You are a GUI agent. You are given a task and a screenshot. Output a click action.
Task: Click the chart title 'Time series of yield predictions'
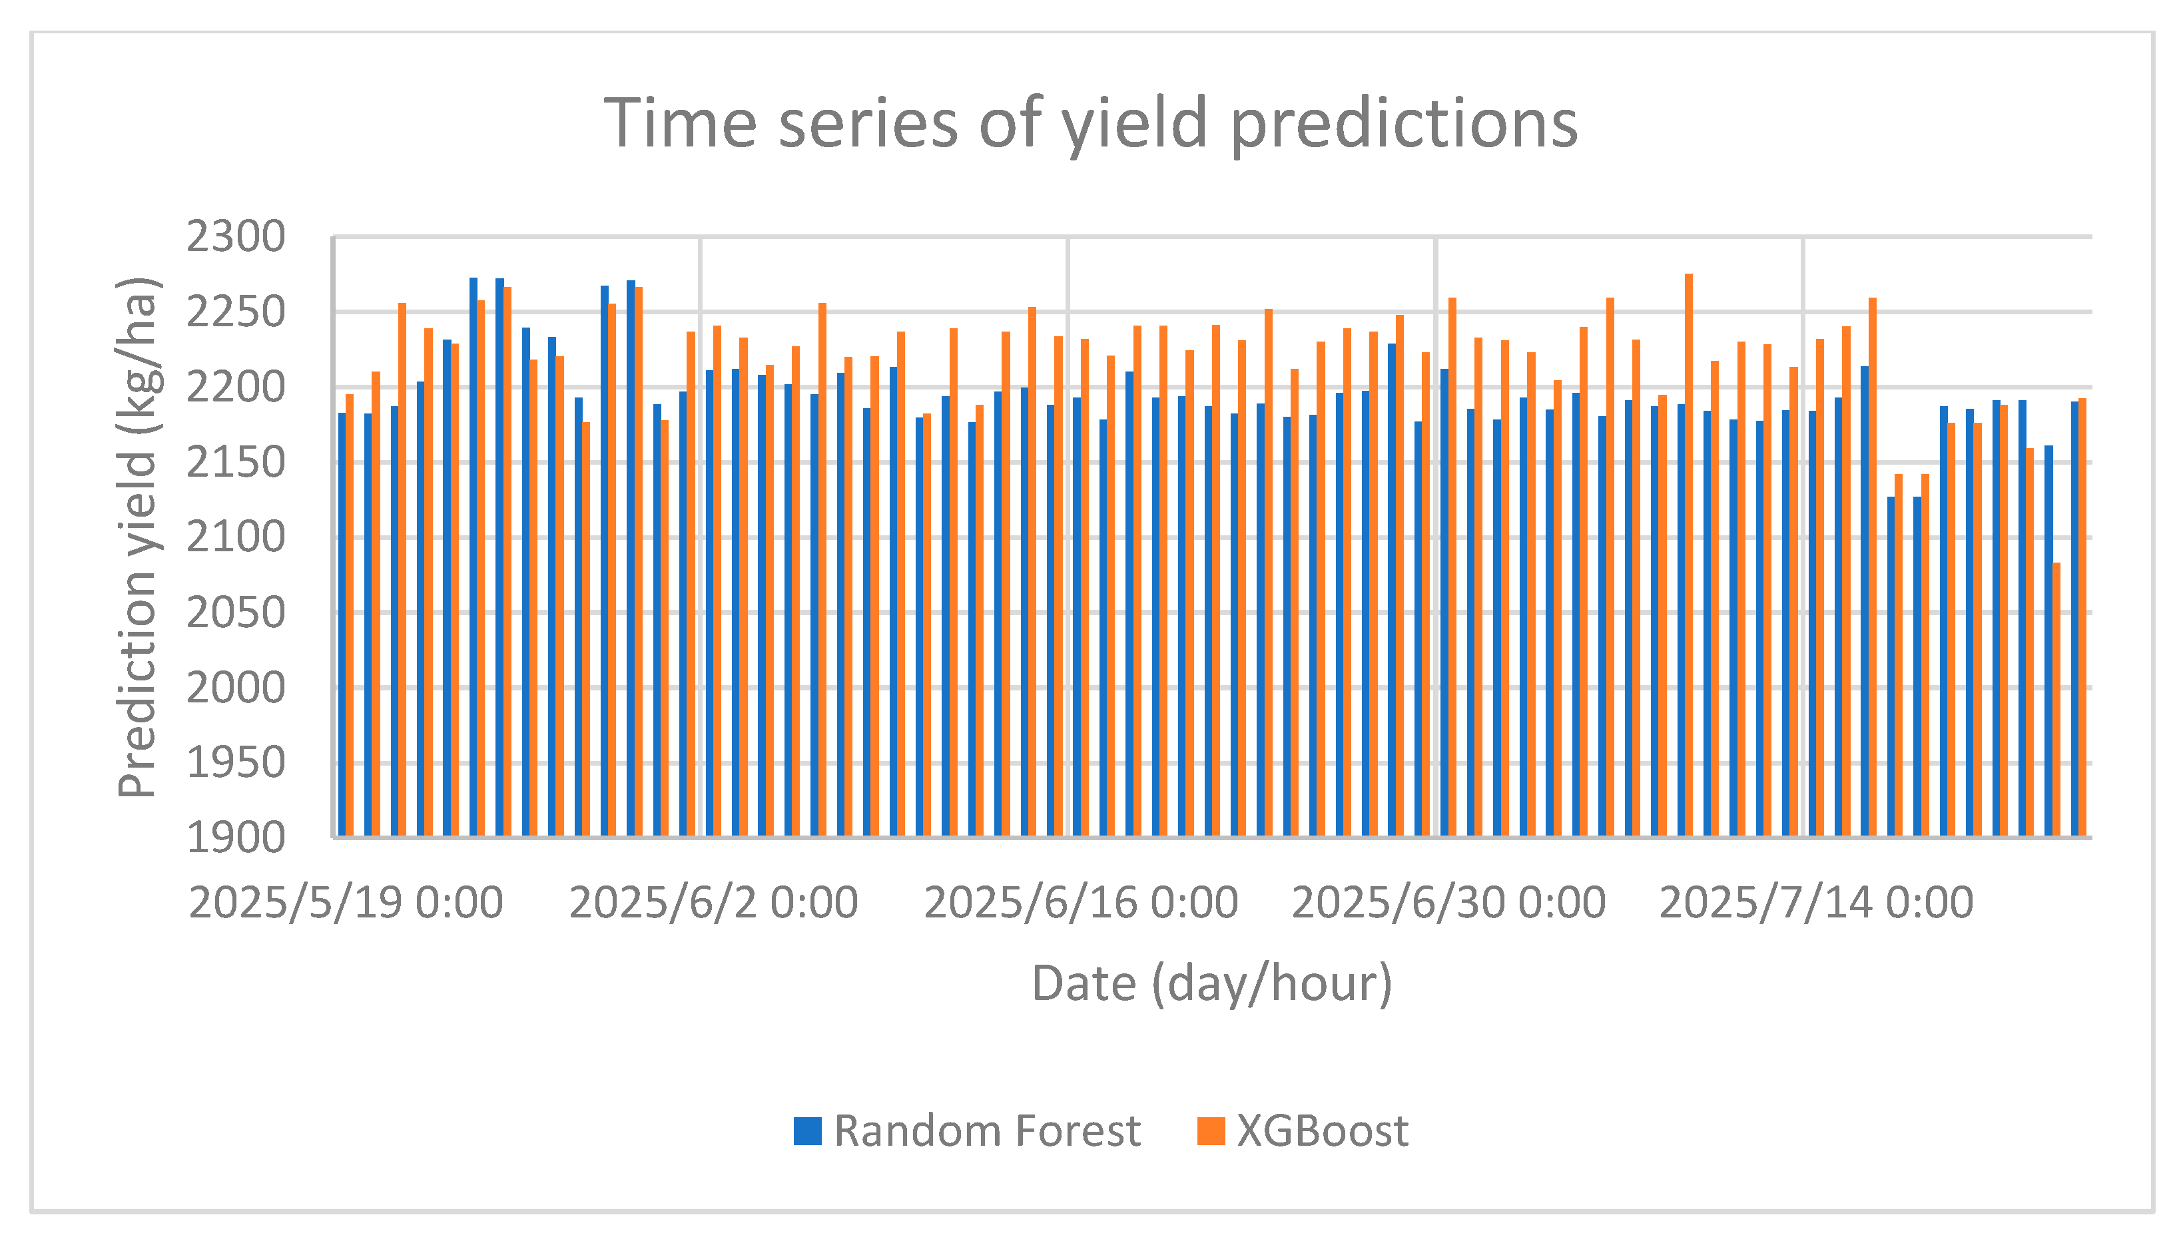(1090, 124)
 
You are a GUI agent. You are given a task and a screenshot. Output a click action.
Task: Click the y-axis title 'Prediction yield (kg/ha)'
(137, 537)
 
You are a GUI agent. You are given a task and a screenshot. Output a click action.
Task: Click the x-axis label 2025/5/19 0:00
(346, 903)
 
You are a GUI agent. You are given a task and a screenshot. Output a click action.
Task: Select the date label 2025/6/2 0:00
(713, 903)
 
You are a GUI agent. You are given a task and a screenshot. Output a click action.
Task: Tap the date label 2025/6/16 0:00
(1081, 903)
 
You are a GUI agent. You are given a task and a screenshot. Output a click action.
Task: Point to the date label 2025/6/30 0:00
(1448, 903)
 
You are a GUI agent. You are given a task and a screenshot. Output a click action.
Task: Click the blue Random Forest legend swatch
(807, 1131)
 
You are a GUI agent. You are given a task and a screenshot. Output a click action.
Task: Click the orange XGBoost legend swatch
(1211, 1131)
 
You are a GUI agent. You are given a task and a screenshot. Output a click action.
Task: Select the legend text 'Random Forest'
(987, 1131)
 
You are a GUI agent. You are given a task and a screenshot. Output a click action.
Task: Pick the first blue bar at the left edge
(342, 624)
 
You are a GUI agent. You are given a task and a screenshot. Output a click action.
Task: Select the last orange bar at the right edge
(2082, 617)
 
